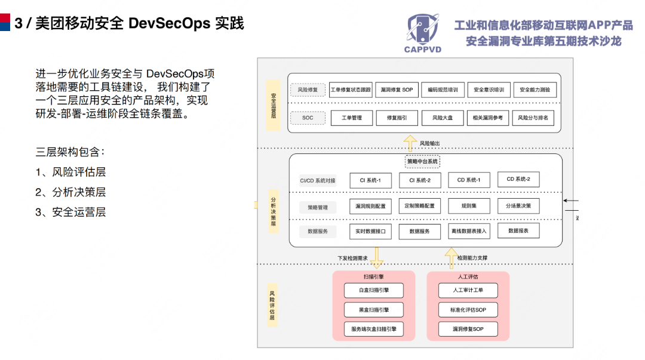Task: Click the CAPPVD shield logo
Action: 422,30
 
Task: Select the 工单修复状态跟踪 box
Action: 351,90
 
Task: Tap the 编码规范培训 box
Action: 443,90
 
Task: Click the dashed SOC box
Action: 308,118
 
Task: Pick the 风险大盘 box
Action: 442,118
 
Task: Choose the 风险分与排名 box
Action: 533,118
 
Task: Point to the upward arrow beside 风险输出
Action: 410,143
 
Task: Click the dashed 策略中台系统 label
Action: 423,161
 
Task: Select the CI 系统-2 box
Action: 424,180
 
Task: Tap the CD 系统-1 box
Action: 473,180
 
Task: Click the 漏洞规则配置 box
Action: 370,207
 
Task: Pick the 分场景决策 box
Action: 518,206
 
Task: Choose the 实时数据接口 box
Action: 370,231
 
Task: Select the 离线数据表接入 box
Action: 469,231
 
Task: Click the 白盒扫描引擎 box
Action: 374,291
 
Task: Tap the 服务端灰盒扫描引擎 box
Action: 374,329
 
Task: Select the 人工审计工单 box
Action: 468,291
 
